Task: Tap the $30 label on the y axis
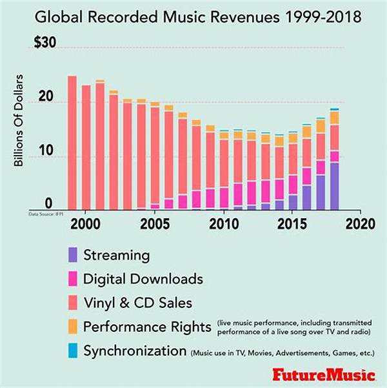coord(46,43)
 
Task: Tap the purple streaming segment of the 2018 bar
coord(334,187)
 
